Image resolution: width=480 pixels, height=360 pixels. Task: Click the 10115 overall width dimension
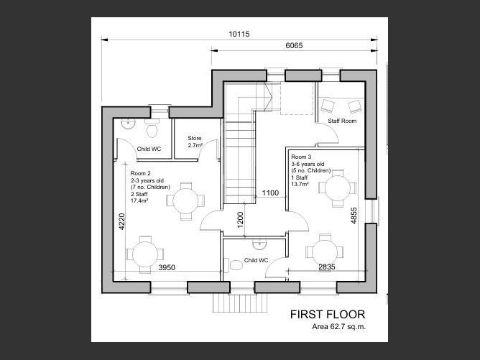pos(239,34)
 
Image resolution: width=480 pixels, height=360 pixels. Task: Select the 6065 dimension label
pos(294,45)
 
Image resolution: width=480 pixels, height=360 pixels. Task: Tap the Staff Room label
pos(342,121)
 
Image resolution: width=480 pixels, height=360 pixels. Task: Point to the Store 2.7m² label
pos(195,142)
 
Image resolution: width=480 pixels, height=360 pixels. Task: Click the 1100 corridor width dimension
pos(270,193)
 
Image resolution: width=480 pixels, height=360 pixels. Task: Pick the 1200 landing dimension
pos(240,219)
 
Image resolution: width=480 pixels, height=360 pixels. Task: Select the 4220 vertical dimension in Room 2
pos(121,221)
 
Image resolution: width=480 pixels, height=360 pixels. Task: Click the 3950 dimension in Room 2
pos(167,267)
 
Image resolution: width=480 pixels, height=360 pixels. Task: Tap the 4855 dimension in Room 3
pos(354,216)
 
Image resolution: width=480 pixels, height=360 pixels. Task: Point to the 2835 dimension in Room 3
pos(327,267)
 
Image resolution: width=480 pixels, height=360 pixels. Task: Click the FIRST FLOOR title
pos(328,315)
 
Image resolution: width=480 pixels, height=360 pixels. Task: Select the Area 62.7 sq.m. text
pos(339,327)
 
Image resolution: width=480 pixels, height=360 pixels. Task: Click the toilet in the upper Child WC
pos(152,129)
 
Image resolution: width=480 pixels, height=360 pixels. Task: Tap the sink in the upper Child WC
pos(128,124)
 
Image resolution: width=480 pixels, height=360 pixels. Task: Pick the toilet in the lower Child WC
pos(234,265)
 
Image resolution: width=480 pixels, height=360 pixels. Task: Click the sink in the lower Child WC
pos(259,244)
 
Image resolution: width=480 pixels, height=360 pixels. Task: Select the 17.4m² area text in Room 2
pos(139,200)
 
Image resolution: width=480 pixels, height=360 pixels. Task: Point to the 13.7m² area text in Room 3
pos(300,184)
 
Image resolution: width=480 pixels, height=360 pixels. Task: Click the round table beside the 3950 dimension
pos(145,254)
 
